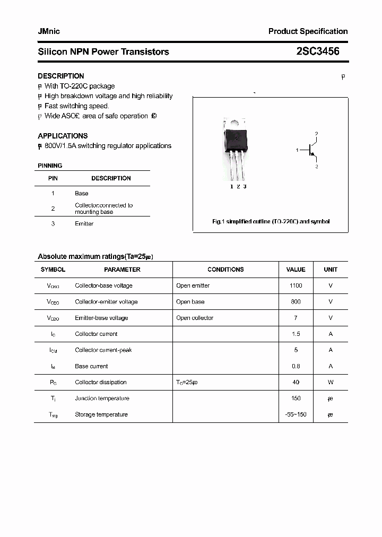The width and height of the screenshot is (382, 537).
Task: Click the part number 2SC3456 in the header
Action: tap(318, 51)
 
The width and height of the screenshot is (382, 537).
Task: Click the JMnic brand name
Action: tap(49, 31)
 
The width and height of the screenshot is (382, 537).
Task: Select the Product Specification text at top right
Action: tap(308, 31)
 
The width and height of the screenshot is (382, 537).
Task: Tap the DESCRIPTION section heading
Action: tap(60, 76)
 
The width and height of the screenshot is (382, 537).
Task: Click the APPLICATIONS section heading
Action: tap(63, 136)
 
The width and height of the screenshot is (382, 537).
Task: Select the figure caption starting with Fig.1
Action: tap(271, 221)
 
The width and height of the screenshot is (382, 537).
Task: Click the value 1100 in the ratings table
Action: tap(296, 285)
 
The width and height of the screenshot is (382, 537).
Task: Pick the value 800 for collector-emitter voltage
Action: tap(296, 301)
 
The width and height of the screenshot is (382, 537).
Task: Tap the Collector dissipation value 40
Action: tap(296, 382)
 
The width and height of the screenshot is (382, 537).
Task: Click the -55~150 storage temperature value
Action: tap(296, 414)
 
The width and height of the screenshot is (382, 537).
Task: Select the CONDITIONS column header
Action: tap(225, 270)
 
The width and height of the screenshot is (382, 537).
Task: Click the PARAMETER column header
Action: tap(122, 270)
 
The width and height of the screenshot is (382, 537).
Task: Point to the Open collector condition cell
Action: tap(195, 318)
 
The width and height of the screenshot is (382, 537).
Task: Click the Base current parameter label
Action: tap(91, 366)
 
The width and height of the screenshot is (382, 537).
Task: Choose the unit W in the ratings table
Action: tap(331, 382)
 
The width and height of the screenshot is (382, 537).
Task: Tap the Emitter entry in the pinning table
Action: tap(84, 224)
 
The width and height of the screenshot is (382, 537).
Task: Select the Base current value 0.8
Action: tap(296, 366)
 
